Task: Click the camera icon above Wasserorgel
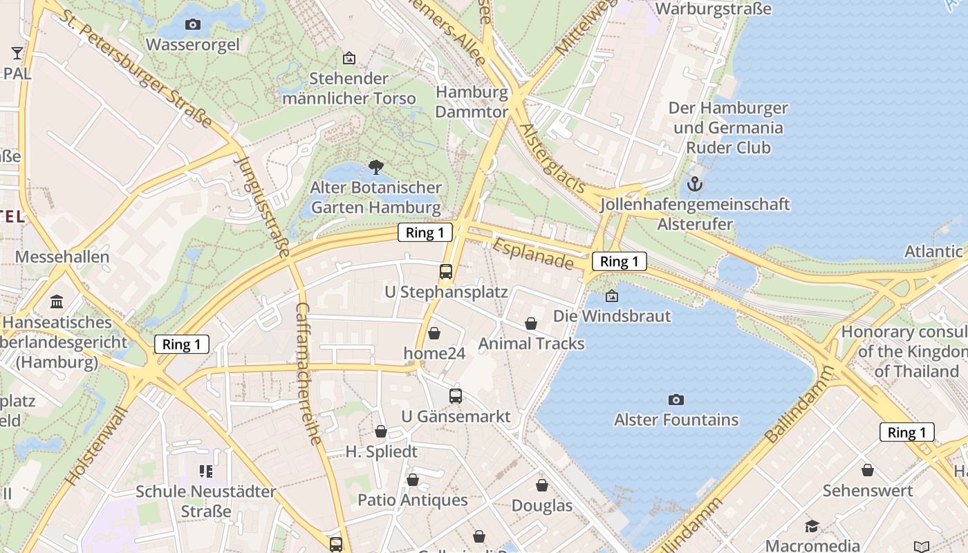tap(193, 25)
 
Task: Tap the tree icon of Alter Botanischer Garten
tap(375, 167)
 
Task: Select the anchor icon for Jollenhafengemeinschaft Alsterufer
tap(695, 184)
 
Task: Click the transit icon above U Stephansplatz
tap(446, 272)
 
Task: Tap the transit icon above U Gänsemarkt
tap(456, 396)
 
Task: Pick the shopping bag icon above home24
tap(434, 333)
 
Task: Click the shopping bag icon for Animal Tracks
tap(531, 324)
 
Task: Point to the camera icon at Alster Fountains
tap(676, 400)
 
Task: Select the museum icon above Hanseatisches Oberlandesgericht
tap(57, 302)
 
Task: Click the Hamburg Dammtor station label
tap(472, 102)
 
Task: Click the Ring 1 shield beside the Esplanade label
tap(619, 261)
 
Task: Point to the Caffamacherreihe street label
tap(309, 373)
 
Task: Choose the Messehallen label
tap(62, 257)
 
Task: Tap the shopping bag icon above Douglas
tap(542, 485)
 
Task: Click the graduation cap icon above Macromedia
tap(812, 526)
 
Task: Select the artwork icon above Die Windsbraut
tap(612, 297)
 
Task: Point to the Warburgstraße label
tap(713, 9)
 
